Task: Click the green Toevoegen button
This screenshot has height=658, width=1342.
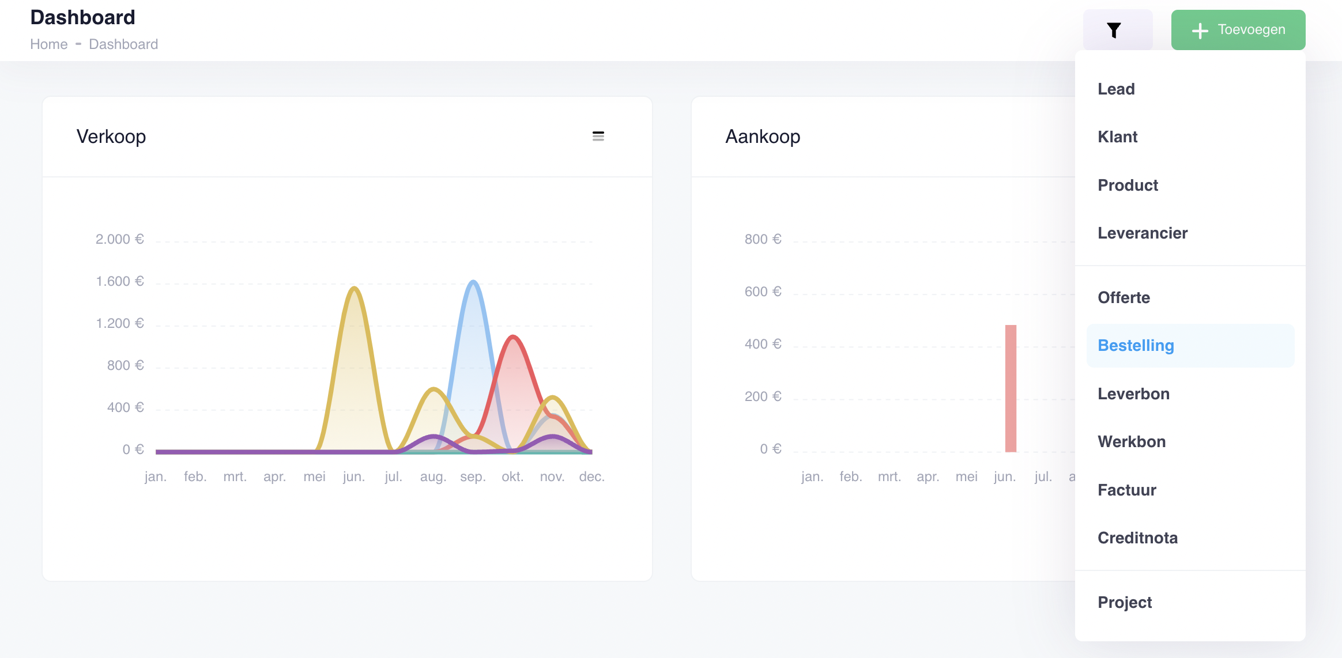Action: [x=1238, y=30]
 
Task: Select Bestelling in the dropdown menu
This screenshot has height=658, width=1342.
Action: [x=1136, y=346]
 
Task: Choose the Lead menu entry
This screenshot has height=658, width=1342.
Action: [x=1116, y=89]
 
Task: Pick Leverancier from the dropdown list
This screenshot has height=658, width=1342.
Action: [x=1142, y=233]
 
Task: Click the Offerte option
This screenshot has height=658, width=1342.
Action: [x=1124, y=298]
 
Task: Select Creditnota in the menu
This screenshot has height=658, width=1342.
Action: [x=1137, y=538]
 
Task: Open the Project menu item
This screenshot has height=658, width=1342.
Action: [x=1124, y=603]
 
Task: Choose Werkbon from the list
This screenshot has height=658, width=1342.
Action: [x=1131, y=442]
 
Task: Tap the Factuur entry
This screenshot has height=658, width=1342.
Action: [x=1126, y=490]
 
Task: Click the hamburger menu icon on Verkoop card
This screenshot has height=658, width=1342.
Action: [x=598, y=136]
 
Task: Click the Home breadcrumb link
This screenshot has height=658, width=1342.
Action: [x=49, y=44]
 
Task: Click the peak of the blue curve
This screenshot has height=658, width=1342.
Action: [x=473, y=282]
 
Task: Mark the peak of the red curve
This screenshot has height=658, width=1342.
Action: [x=512, y=336]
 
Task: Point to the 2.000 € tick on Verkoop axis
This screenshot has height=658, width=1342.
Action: [x=119, y=239]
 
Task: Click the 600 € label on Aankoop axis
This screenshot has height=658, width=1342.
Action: [x=762, y=292]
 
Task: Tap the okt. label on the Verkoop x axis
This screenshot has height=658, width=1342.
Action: [x=512, y=477]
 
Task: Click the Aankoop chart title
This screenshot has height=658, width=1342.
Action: [x=762, y=137]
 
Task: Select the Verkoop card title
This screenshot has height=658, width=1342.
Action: [x=111, y=137]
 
